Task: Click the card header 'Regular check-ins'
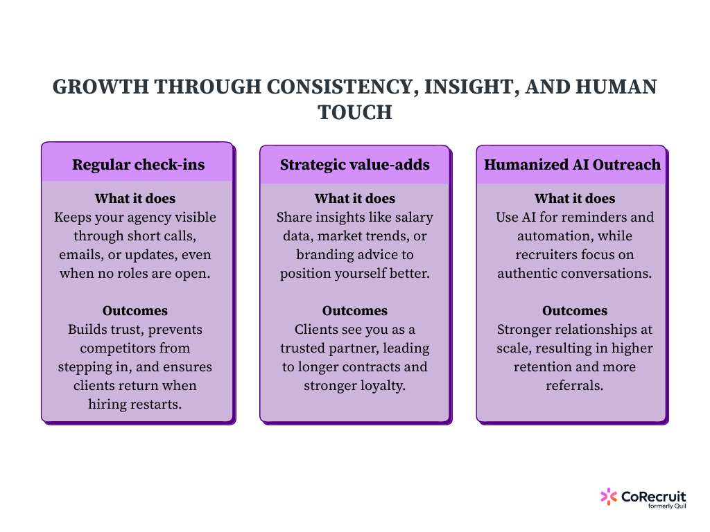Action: [137, 165]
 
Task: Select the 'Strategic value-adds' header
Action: [355, 165]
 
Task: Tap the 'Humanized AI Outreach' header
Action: [572, 165]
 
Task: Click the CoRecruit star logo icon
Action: [608, 496]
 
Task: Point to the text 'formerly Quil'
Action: [666, 506]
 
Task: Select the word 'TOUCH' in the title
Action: [355, 112]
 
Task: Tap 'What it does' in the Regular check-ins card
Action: [135, 199]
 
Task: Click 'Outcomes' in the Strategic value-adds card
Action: [355, 311]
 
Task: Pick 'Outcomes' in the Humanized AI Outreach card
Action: [575, 311]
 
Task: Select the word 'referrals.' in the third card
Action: [575, 386]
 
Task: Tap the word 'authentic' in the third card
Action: [530, 274]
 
